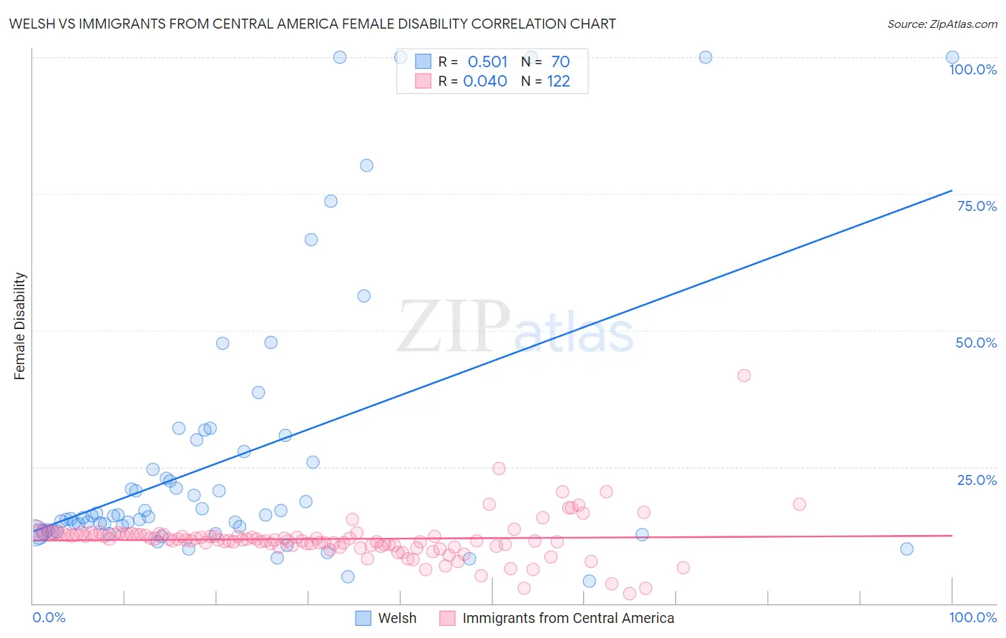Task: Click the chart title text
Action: tap(312, 24)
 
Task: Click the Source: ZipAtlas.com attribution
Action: tap(942, 24)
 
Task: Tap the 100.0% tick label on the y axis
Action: tap(972, 69)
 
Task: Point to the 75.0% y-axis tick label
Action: tap(977, 206)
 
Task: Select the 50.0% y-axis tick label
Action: tap(976, 343)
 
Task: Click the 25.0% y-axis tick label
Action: tap(977, 480)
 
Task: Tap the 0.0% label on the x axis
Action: tap(49, 617)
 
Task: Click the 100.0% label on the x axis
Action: tap(972, 617)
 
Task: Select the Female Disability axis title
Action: tap(20, 326)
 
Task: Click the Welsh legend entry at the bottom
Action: tap(396, 618)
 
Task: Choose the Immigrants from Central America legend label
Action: tap(568, 618)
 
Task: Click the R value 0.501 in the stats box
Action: tap(487, 62)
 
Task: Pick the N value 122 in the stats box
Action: tap(558, 81)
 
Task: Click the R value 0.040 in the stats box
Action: tap(485, 81)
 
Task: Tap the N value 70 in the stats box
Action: tap(560, 62)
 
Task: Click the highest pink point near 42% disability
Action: tap(744, 376)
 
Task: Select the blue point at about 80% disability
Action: tap(366, 165)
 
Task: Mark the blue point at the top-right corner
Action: tap(952, 57)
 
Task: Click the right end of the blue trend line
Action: tap(952, 190)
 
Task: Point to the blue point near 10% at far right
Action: tap(907, 549)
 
